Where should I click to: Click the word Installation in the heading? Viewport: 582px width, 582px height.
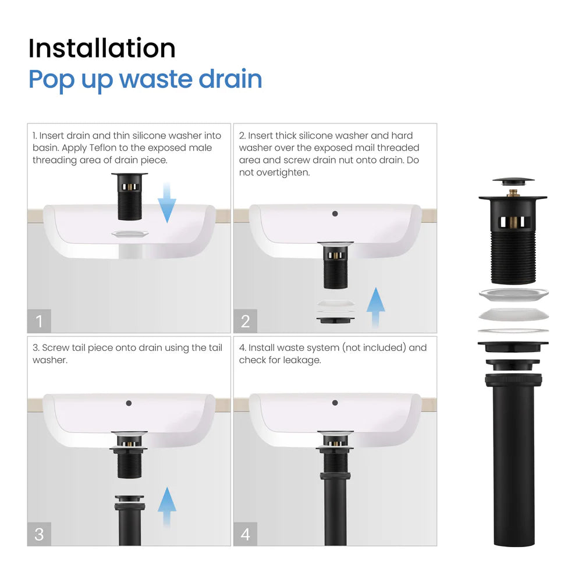click(102, 48)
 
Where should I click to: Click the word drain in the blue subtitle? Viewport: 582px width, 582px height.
click(230, 79)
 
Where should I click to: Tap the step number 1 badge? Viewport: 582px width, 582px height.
click(39, 321)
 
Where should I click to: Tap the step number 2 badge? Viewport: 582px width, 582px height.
click(245, 321)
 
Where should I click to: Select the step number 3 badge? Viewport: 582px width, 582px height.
click(39, 534)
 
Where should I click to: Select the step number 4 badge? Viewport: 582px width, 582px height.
click(245, 534)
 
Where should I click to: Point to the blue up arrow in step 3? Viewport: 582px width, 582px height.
click(167, 506)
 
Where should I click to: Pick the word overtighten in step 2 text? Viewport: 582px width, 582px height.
click(277, 172)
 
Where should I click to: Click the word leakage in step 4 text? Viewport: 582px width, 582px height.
click(303, 360)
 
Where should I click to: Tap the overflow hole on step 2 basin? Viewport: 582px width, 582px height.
click(335, 214)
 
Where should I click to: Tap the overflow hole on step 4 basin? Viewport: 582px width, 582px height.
click(335, 403)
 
